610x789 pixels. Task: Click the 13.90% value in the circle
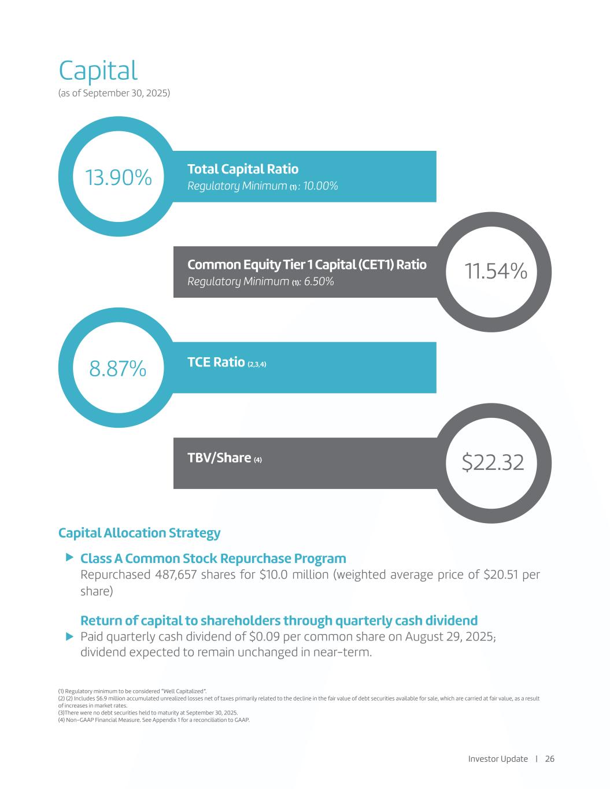(119, 177)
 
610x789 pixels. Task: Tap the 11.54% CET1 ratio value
(496, 271)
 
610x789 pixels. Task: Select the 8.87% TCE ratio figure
(117, 368)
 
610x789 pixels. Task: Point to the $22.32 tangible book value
(493, 462)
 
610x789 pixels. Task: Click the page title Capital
(98, 71)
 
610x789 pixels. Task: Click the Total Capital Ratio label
(243, 169)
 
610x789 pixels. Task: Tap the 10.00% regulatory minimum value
(320, 186)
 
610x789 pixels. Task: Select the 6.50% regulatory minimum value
(319, 281)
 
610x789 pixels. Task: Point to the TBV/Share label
(219, 458)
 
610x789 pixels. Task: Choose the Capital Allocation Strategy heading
(139, 532)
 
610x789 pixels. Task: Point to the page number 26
(549, 759)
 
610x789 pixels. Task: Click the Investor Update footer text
(498, 759)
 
